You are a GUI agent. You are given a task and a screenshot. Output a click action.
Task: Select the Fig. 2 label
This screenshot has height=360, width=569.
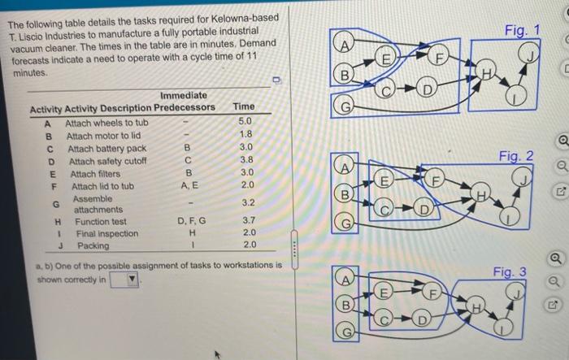pos(517,155)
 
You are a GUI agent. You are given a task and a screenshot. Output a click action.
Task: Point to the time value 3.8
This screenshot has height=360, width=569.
pos(246,160)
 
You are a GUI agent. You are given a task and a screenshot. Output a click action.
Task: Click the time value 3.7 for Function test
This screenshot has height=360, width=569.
pos(249,220)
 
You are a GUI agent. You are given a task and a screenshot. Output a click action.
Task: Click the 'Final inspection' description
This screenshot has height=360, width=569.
pos(106,233)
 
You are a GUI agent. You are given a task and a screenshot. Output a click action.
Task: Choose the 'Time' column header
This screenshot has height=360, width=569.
pos(243,107)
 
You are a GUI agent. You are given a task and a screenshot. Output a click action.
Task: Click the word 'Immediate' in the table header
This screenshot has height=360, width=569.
pos(184,95)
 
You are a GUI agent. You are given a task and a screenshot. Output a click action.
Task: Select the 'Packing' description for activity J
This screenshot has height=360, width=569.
pos(93,245)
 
